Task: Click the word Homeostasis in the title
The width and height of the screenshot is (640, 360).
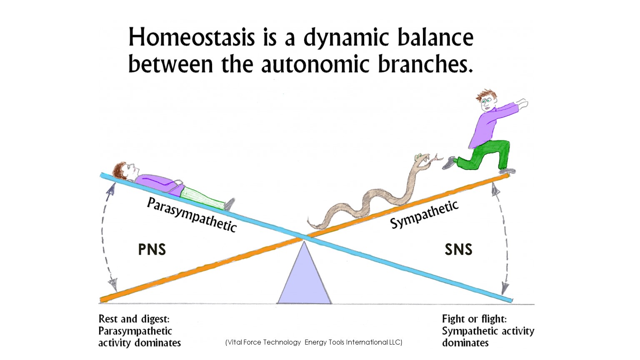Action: (x=191, y=37)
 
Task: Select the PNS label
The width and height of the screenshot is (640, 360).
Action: (x=152, y=250)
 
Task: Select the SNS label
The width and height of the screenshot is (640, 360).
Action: (x=459, y=250)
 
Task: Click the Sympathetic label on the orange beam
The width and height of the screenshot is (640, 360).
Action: (x=424, y=214)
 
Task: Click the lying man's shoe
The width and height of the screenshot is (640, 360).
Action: (x=230, y=204)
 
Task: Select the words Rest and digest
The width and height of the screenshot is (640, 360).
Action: (x=134, y=319)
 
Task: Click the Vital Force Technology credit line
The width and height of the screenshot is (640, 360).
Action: (x=314, y=342)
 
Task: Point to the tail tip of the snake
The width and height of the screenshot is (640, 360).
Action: (x=309, y=220)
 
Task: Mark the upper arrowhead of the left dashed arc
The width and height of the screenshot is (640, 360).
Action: (x=111, y=189)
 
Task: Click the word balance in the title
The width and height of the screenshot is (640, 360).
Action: (x=436, y=37)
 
